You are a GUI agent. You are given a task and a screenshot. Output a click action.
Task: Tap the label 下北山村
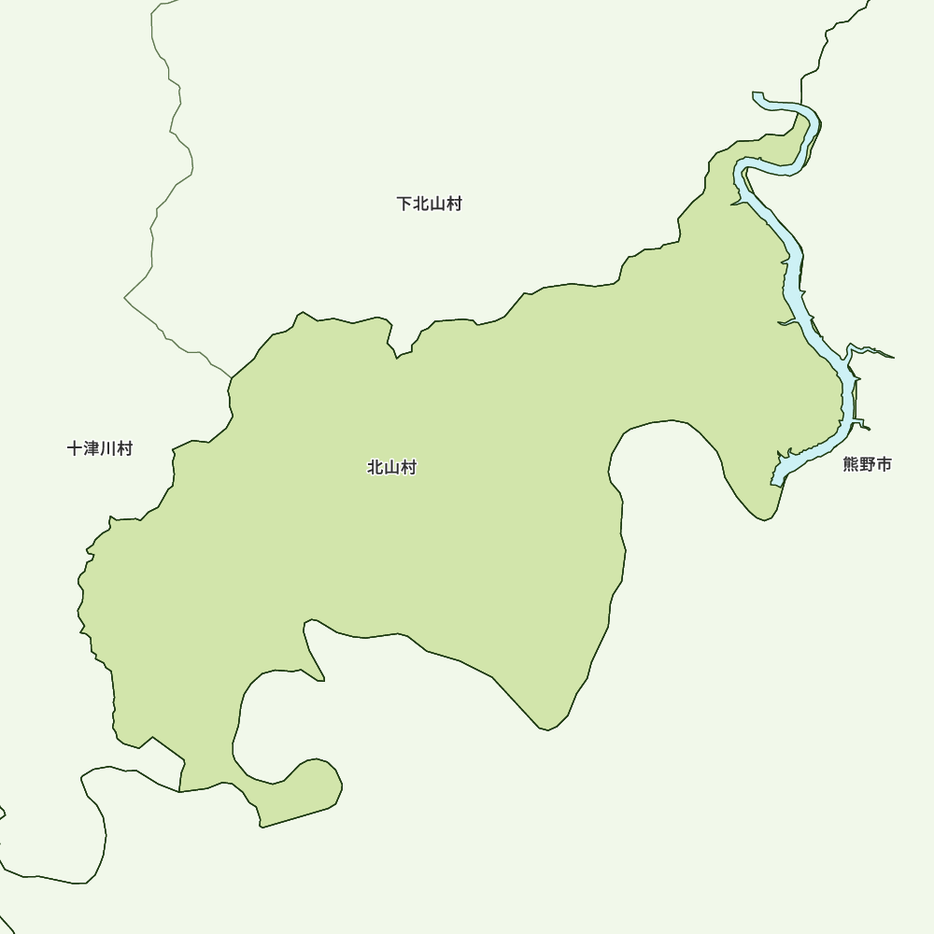click(x=429, y=204)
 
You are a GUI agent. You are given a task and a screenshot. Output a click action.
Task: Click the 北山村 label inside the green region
click(x=391, y=468)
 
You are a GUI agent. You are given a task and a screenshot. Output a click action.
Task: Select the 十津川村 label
click(x=100, y=448)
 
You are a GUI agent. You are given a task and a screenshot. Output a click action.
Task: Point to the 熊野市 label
click(x=867, y=464)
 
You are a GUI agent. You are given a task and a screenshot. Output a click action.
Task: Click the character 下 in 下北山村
click(x=404, y=204)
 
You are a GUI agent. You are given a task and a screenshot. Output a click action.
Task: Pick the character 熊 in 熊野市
click(x=851, y=464)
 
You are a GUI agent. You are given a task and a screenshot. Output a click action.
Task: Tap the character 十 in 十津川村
click(x=76, y=448)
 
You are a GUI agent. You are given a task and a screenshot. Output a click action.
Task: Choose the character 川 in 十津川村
click(x=108, y=448)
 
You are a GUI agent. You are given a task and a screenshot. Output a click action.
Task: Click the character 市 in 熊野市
click(x=884, y=464)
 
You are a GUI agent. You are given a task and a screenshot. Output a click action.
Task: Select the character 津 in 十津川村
click(x=92, y=448)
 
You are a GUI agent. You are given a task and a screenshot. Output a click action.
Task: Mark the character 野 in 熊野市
click(x=867, y=464)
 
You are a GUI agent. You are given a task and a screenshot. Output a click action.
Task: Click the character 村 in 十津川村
click(x=124, y=448)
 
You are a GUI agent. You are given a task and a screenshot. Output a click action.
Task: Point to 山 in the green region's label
click(x=391, y=468)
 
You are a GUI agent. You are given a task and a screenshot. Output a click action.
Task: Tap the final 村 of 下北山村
click(x=454, y=204)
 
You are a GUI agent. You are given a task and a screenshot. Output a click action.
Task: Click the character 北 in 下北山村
click(x=421, y=204)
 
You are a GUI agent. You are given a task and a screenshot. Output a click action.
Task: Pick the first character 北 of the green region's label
click(x=375, y=468)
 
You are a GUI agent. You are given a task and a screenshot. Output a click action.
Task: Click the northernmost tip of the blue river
click(x=757, y=95)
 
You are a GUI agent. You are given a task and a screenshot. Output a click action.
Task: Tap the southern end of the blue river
click(x=775, y=483)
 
